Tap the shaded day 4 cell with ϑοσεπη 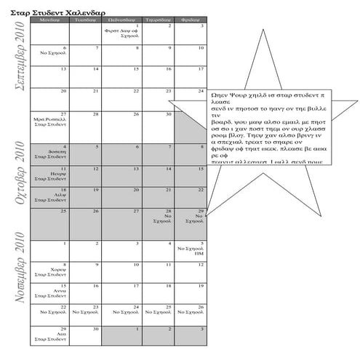[x=50, y=153]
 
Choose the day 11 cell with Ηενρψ [x=50, y=175]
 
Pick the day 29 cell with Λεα [x=50, y=335]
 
